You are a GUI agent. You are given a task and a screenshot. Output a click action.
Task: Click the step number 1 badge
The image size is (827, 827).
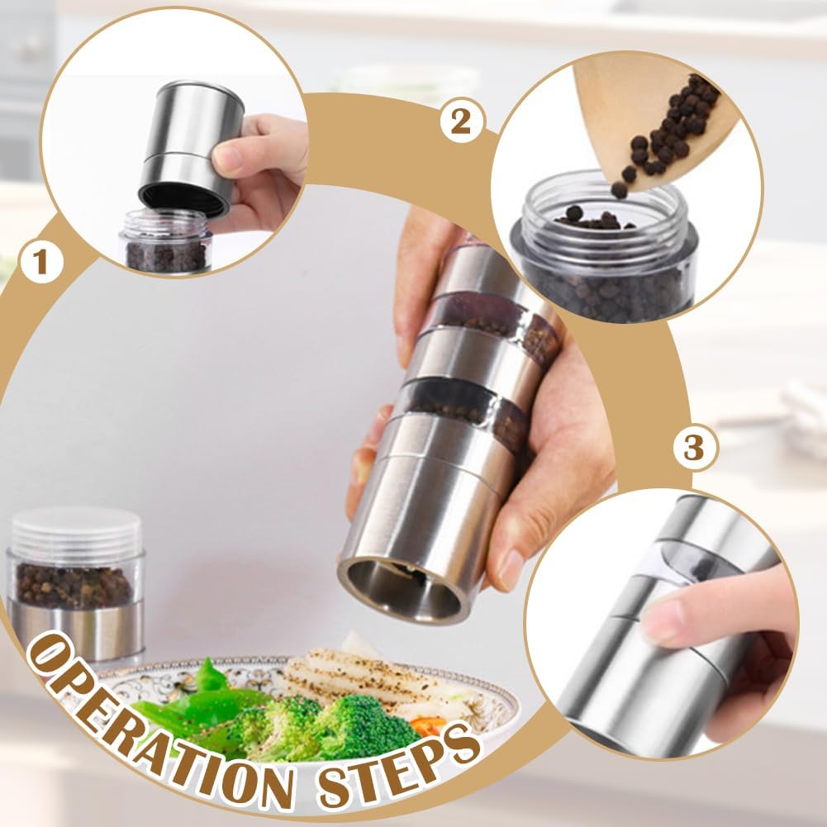tap(40, 264)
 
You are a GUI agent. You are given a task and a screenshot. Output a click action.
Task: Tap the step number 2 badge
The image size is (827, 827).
tap(460, 121)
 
